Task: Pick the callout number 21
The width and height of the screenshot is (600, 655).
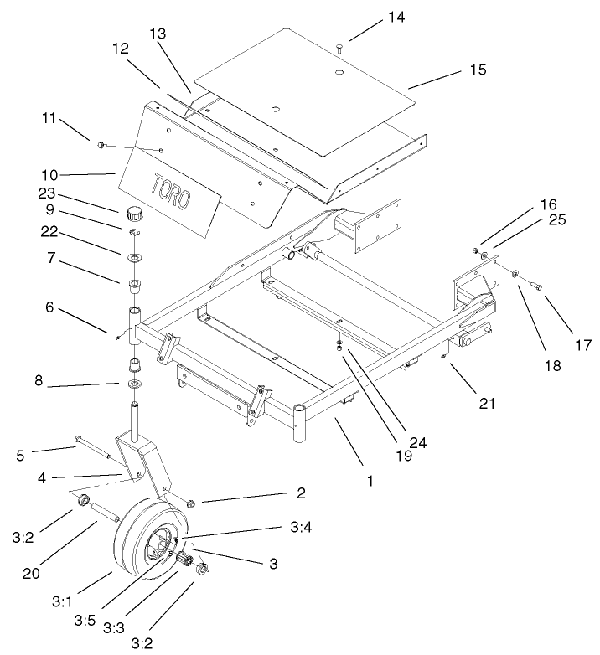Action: point(486,403)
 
